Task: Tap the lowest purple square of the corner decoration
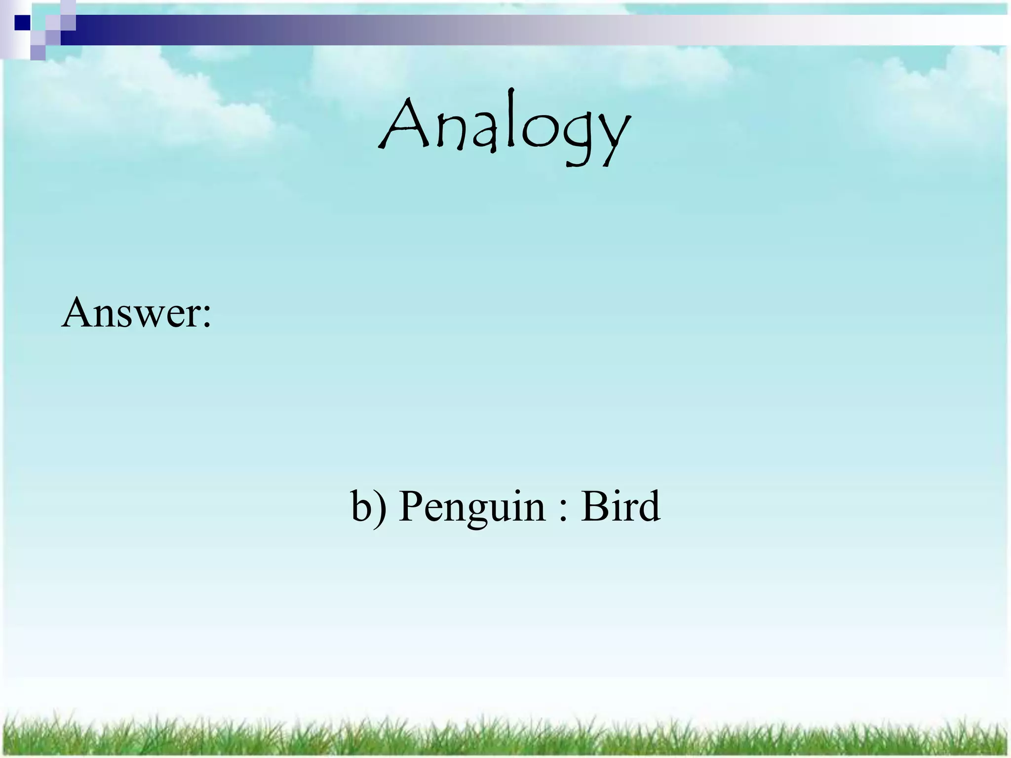[x=38, y=52]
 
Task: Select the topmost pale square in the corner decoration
[x=68, y=7]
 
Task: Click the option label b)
[x=368, y=506]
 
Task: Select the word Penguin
[x=472, y=507]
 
